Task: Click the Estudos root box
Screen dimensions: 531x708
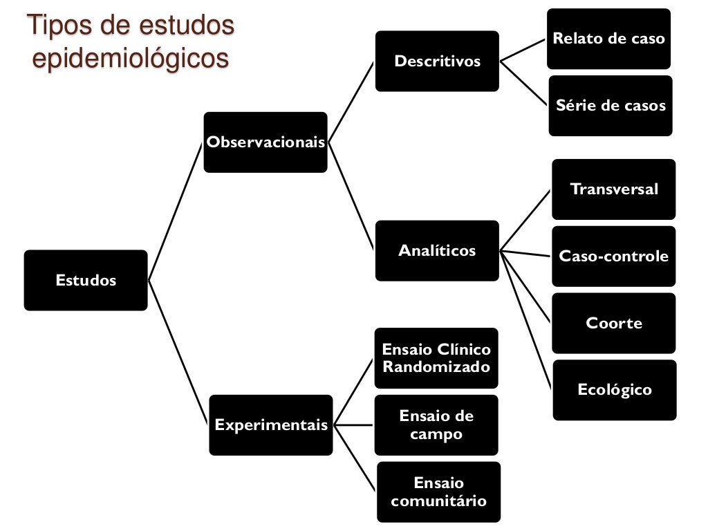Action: coord(86,280)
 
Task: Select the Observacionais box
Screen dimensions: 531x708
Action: coord(265,142)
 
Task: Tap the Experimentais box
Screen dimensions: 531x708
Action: coord(271,425)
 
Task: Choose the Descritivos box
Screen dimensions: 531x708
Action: coord(437,61)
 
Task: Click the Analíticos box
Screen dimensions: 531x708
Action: coord(437,250)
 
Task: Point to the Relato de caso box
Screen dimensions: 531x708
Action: coord(608,39)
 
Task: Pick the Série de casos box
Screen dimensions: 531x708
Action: coord(611,106)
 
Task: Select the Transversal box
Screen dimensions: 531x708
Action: coord(614,189)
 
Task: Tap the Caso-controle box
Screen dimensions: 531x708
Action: coord(614,257)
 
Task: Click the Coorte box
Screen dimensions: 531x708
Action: coord(614,323)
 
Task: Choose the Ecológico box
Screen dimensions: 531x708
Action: coord(615,390)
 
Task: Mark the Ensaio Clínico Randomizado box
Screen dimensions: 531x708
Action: coord(437,358)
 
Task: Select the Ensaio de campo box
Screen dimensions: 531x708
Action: coord(437,425)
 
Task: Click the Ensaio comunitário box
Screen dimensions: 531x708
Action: coord(438,492)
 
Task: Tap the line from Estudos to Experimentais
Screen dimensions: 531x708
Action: coord(178,352)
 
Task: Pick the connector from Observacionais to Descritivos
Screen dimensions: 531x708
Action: coord(351,102)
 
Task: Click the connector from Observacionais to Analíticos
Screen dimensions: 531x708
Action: coord(351,196)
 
